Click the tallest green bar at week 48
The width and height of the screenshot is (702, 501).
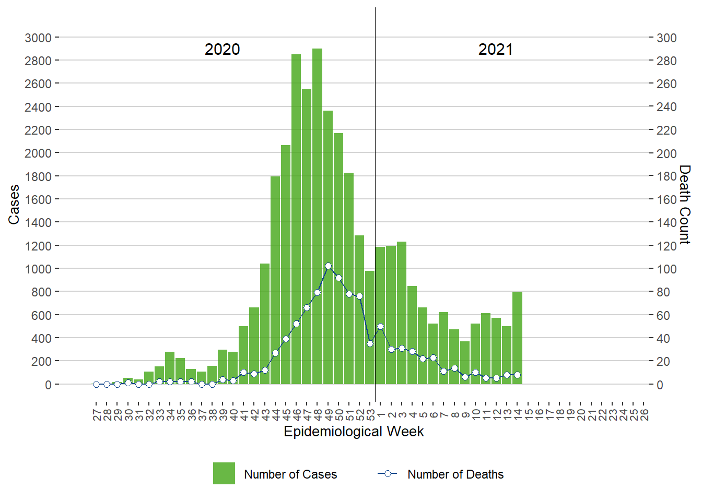tap(317, 217)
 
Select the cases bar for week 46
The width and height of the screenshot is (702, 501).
tap(296, 219)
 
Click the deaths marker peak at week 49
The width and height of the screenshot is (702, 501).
tap(328, 266)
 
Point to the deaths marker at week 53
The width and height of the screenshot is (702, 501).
tap(370, 343)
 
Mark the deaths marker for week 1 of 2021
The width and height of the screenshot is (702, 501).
tap(380, 327)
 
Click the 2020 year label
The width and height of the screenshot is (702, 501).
tap(222, 50)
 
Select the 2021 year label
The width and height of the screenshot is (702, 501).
tap(495, 50)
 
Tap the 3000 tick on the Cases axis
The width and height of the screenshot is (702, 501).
tap(38, 38)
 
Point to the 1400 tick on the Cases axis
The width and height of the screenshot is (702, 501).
tap(38, 222)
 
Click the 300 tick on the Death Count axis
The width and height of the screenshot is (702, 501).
tap(666, 38)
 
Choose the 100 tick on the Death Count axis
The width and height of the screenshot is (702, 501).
tap(666, 269)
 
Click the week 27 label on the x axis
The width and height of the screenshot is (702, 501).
tap(97, 415)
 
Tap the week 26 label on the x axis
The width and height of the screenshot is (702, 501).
tap(644, 415)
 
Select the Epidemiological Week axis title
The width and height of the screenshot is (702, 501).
tap(354, 432)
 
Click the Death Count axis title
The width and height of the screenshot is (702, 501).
tap(685, 205)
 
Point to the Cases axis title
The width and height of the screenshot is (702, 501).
tap(14, 205)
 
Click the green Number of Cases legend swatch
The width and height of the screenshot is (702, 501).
tap(224, 473)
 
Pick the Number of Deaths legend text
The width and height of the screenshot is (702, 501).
tap(455, 474)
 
